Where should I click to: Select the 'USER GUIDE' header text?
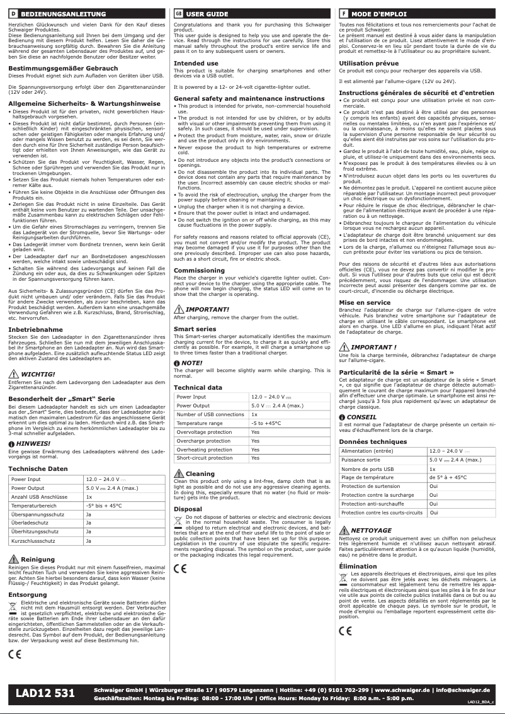point(207,13)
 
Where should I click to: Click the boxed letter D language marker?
point(12,13)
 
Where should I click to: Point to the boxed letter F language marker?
point(343,13)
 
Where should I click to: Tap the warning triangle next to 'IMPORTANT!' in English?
point(179,309)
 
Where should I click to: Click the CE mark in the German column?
point(14,652)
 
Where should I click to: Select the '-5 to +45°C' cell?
point(266,423)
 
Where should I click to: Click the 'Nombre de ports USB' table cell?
point(368,469)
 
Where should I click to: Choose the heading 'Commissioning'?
point(199,270)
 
